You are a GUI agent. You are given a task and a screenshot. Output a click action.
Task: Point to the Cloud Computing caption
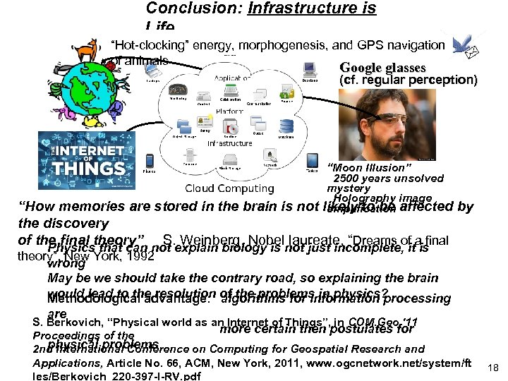point(229,188)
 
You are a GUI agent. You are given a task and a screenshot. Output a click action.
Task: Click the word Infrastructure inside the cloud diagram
point(229,143)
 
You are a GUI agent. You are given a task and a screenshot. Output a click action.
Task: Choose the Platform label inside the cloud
point(230,111)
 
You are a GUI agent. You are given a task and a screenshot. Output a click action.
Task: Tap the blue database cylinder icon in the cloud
point(286,126)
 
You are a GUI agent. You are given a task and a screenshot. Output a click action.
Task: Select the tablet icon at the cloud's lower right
point(311,164)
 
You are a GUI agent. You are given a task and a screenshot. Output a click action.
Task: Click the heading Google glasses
point(382,68)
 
